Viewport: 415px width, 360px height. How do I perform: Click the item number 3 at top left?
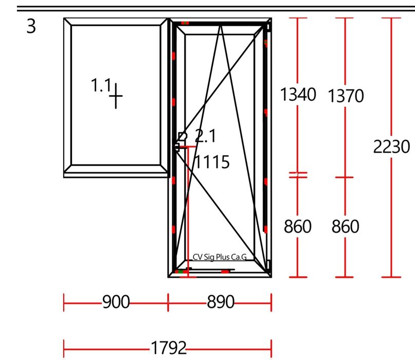click(x=31, y=26)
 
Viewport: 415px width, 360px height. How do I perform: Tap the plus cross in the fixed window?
click(x=116, y=96)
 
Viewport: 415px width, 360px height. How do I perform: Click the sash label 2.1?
click(x=205, y=136)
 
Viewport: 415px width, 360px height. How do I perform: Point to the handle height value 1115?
click(x=212, y=161)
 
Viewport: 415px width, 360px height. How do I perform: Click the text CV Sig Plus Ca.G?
click(x=220, y=257)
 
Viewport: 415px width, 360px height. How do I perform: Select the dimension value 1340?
click(x=298, y=94)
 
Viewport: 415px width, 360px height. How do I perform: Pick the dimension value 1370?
click(x=346, y=96)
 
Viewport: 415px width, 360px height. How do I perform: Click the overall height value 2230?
click(x=391, y=147)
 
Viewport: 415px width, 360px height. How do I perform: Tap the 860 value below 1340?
click(x=297, y=226)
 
